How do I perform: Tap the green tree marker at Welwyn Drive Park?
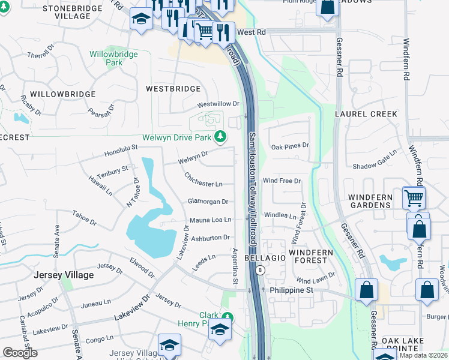tap(220, 137)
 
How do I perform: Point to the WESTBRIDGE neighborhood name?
tap(173, 89)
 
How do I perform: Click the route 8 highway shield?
tap(259, 271)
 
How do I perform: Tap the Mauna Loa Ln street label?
tap(211, 220)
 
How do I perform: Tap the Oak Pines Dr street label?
tap(289, 145)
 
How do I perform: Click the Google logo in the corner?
tap(20, 353)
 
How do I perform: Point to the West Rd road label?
tap(252, 32)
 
